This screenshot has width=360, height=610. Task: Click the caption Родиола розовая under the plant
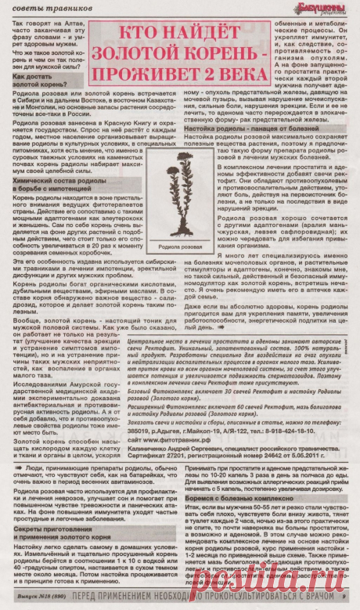[x=181, y=242]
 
